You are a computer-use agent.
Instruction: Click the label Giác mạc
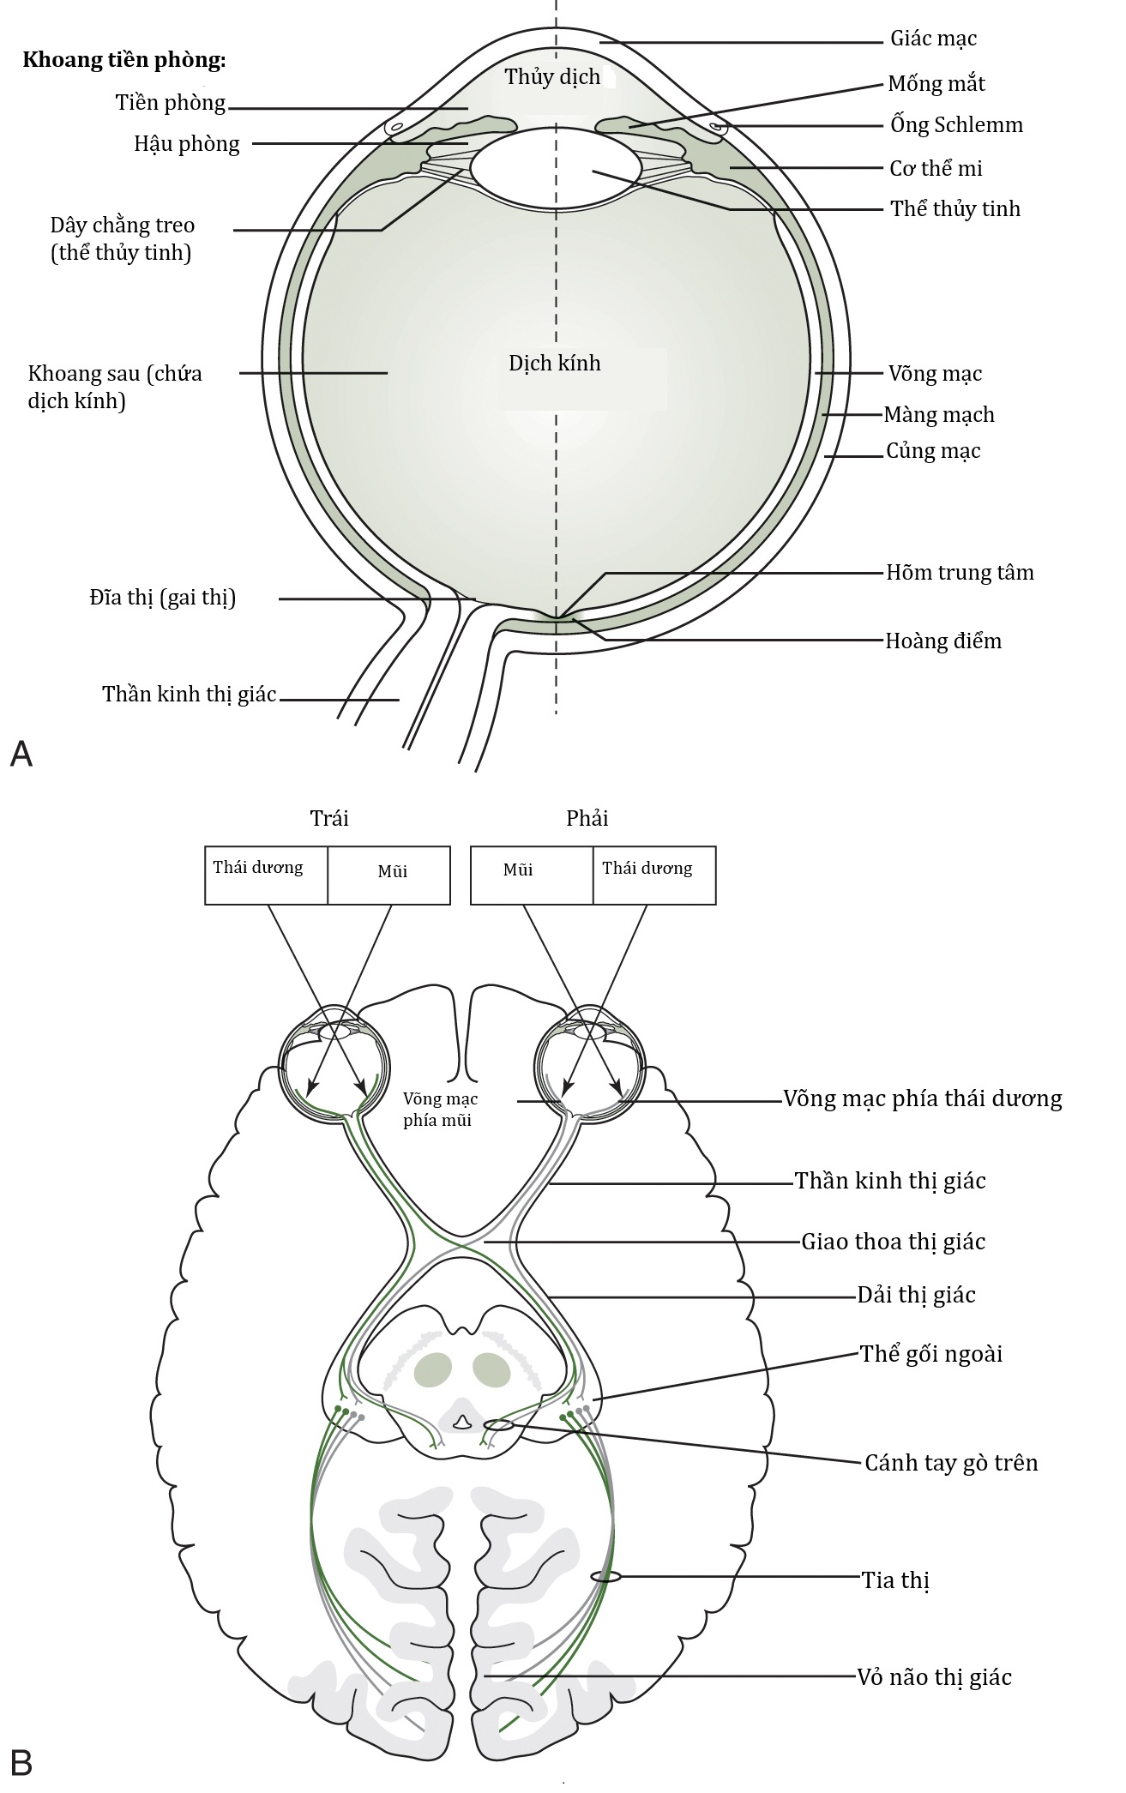(x=933, y=39)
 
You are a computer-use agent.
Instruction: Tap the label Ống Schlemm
(x=956, y=125)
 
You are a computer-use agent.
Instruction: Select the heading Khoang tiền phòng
(x=124, y=61)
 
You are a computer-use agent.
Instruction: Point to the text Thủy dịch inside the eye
(x=552, y=77)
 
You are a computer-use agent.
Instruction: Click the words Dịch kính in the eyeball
(x=555, y=363)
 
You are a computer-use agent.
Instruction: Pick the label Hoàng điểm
(x=943, y=641)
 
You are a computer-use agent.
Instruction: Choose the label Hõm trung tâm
(x=960, y=573)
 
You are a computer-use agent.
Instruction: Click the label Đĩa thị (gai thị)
(x=163, y=598)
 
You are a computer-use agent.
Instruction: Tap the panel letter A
(x=21, y=754)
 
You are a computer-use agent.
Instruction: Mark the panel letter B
(x=21, y=1761)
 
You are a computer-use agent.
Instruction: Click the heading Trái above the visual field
(x=329, y=818)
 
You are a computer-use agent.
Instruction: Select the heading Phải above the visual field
(x=587, y=818)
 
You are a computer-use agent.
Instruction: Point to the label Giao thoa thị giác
(x=894, y=1242)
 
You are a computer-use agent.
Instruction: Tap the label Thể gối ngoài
(x=931, y=1354)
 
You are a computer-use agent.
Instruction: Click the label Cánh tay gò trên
(x=951, y=1463)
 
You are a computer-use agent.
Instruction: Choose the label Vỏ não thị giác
(x=935, y=1677)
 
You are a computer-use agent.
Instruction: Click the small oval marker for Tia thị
(x=605, y=1576)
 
